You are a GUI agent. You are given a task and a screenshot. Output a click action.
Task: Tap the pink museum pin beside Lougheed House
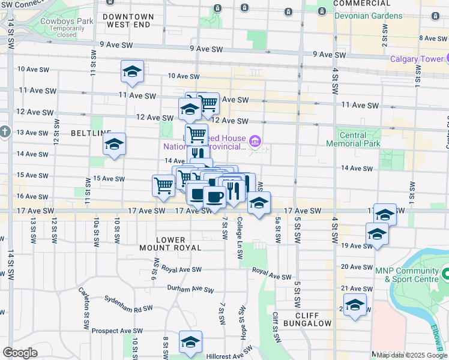coord(256,142)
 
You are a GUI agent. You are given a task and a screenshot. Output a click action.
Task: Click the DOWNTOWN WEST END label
coord(127,21)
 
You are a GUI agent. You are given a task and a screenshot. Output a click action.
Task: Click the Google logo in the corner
coord(20,353)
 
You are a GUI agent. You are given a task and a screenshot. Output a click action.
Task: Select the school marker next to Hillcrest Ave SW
coord(190,341)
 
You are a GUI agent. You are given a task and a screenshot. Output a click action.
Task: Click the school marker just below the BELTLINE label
coord(114,144)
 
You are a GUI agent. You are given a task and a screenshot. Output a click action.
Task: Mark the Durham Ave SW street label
coord(190,289)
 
